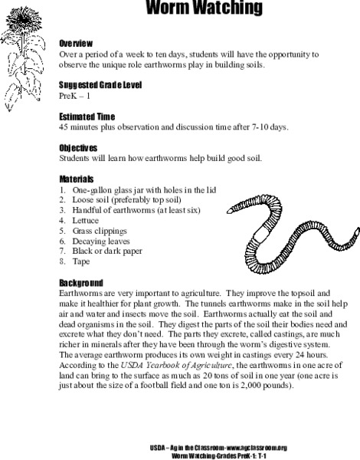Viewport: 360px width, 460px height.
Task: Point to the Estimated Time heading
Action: [87, 115]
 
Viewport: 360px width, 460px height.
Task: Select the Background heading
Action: [81, 281]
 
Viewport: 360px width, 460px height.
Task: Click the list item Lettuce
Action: [85, 219]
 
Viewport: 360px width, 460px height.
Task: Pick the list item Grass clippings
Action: [100, 229]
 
